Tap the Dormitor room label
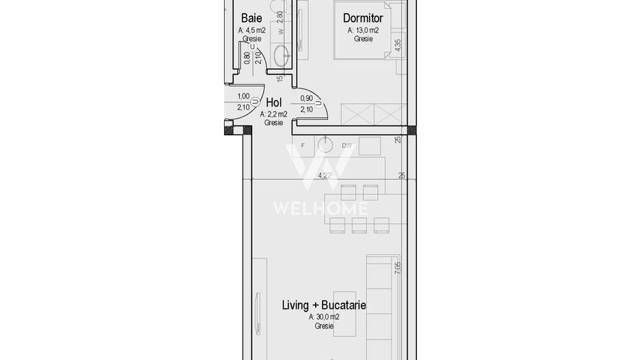(362, 18)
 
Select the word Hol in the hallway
(273, 102)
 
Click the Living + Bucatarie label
(323, 305)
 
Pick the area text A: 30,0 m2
(323, 317)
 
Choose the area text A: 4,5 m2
(251, 31)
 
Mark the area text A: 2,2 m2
(273, 114)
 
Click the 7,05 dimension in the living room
(398, 268)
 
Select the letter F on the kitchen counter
(303, 146)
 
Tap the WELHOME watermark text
(320, 208)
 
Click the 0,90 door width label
(307, 98)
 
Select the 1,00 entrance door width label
(243, 97)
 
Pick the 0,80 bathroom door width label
(247, 58)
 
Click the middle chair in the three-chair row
(359, 225)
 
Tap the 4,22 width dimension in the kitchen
(326, 176)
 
